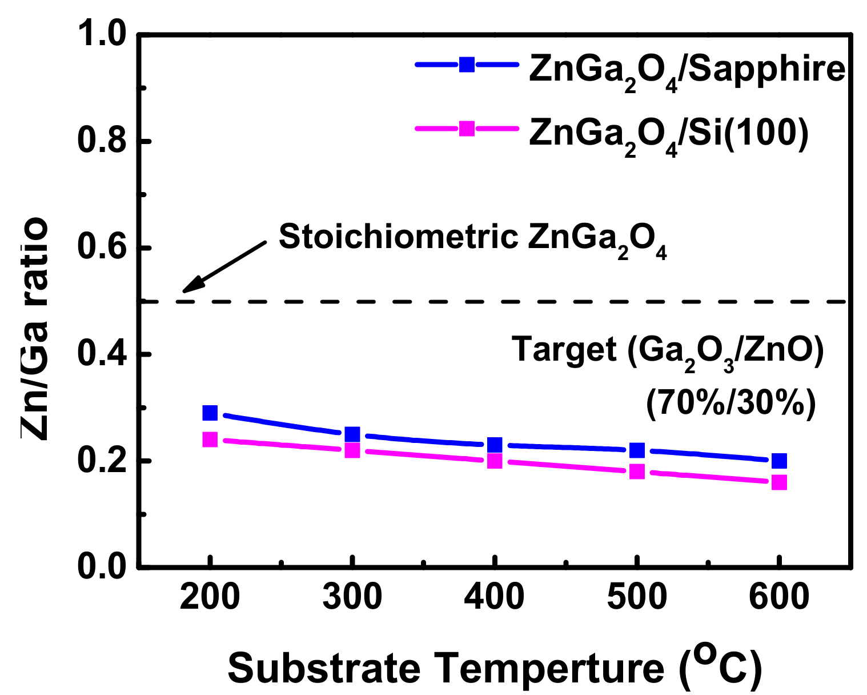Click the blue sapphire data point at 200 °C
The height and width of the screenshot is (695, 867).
(210, 413)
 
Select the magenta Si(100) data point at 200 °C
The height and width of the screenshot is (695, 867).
(210, 439)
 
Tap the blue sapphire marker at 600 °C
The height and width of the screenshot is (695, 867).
(779, 461)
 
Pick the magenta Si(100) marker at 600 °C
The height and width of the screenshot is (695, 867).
(779, 482)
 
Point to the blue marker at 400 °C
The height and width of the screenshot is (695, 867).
(495, 445)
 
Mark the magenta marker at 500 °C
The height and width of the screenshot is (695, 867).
(637, 472)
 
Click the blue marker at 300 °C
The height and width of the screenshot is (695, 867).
(352, 434)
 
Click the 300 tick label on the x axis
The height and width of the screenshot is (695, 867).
(352, 597)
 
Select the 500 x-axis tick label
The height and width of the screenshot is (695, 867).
(637, 597)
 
